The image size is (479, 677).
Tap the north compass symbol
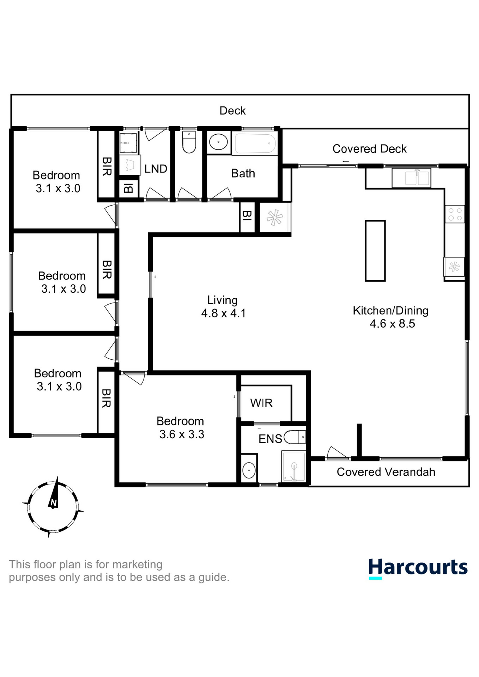(53, 507)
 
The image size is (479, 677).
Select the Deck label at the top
(232, 111)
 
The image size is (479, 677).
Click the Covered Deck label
(369, 149)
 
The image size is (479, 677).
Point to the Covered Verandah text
(386, 472)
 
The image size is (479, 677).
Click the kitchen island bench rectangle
(375, 251)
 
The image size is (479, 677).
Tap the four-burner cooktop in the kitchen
(455, 214)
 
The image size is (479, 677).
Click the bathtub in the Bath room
(255, 144)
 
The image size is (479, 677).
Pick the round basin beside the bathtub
(218, 142)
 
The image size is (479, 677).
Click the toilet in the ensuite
(295, 437)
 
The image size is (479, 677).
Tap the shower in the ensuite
(293, 466)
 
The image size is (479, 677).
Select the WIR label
(261, 403)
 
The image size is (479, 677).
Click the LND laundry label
(156, 169)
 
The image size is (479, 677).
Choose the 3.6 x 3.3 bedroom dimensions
(182, 434)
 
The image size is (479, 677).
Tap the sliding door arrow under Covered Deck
(346, 161)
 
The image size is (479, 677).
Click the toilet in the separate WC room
(189, 142)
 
